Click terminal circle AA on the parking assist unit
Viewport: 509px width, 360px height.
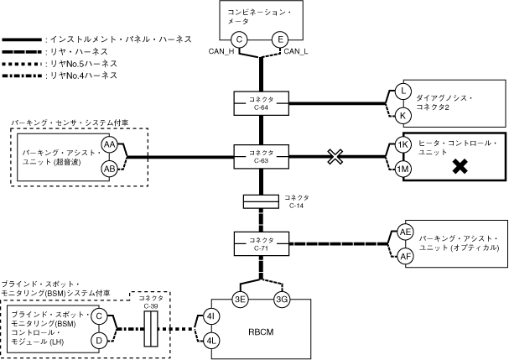point(109,144)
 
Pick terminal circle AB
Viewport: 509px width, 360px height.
point(109,169)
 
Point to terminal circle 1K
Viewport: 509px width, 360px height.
point(403,144)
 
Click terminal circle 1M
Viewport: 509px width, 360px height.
point(403,169)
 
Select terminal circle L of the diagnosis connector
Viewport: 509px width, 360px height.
point(403,91)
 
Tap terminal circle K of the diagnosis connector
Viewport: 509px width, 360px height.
point(403,115)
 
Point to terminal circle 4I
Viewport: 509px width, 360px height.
point(212,317)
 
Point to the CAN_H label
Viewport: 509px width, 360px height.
point(226,53)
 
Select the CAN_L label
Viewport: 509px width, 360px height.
point(296,53)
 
